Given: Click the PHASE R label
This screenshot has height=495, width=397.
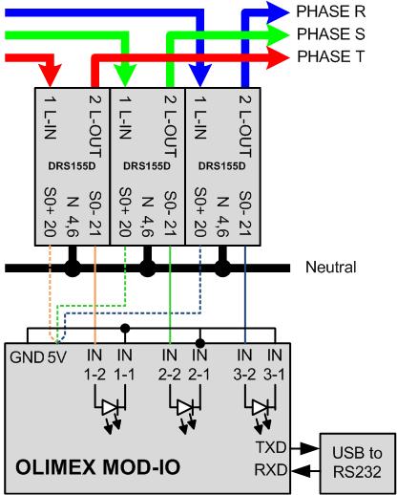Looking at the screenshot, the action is tap(331, 11).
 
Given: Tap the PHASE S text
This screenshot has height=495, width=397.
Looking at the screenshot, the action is tap(331, 33).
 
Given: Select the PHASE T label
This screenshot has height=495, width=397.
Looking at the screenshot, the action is tap(330, 56).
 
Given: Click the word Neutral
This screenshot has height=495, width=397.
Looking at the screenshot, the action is tap(330, 267).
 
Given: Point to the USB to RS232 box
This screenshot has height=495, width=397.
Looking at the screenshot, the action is tap(357, 463).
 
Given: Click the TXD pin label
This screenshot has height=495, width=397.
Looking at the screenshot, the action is tap(271, 447).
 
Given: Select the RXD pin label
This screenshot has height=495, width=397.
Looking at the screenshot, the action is tap(271, 470).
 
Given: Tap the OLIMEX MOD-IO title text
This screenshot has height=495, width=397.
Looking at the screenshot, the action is tap(98, 467).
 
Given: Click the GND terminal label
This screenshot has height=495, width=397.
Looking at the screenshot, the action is tap(27, 357).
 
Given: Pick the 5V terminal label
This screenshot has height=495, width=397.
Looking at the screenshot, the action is tap(57, 357).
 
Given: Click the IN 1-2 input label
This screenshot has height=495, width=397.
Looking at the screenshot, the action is tap(94, 365).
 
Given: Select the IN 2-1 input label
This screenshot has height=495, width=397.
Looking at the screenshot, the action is tap(199, 365).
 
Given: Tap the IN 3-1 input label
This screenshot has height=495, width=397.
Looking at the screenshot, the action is tap(275, 365).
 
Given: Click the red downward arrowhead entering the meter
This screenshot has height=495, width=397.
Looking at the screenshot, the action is tap(50, 75).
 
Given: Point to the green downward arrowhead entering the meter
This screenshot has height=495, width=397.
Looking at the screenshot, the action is tap(125, 75).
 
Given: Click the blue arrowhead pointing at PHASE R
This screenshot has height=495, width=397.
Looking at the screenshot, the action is tap(278, 12).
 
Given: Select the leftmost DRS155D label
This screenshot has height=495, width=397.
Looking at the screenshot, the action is tap(72, 166).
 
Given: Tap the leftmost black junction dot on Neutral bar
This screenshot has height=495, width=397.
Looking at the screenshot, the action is tap(73, 268).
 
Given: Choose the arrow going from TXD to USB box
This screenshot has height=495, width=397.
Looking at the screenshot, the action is tap(305, 448).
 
